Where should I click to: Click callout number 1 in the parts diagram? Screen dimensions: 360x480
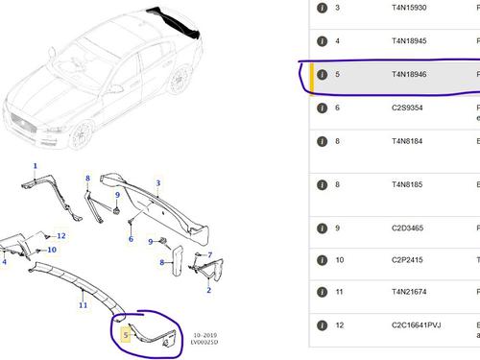point(36,166)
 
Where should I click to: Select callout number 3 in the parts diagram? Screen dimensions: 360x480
point(158,182)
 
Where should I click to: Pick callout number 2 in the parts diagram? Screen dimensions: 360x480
point(208,289)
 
